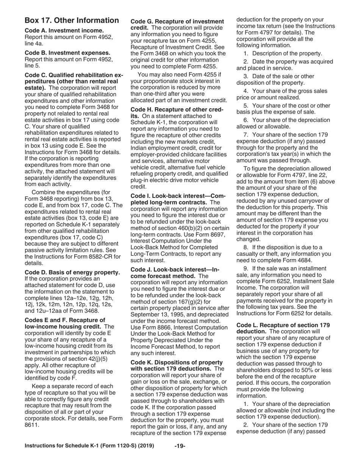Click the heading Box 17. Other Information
pos(72,20)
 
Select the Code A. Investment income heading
pos(64,30)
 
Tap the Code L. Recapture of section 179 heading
pos(283,325)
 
